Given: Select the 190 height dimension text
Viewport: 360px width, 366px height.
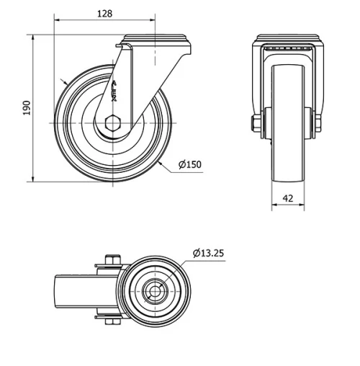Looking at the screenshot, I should coord(27,108).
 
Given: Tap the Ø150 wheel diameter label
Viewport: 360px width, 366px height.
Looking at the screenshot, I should coord(189,165).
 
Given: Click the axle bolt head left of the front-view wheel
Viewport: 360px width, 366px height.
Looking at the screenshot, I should coord(256,124).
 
